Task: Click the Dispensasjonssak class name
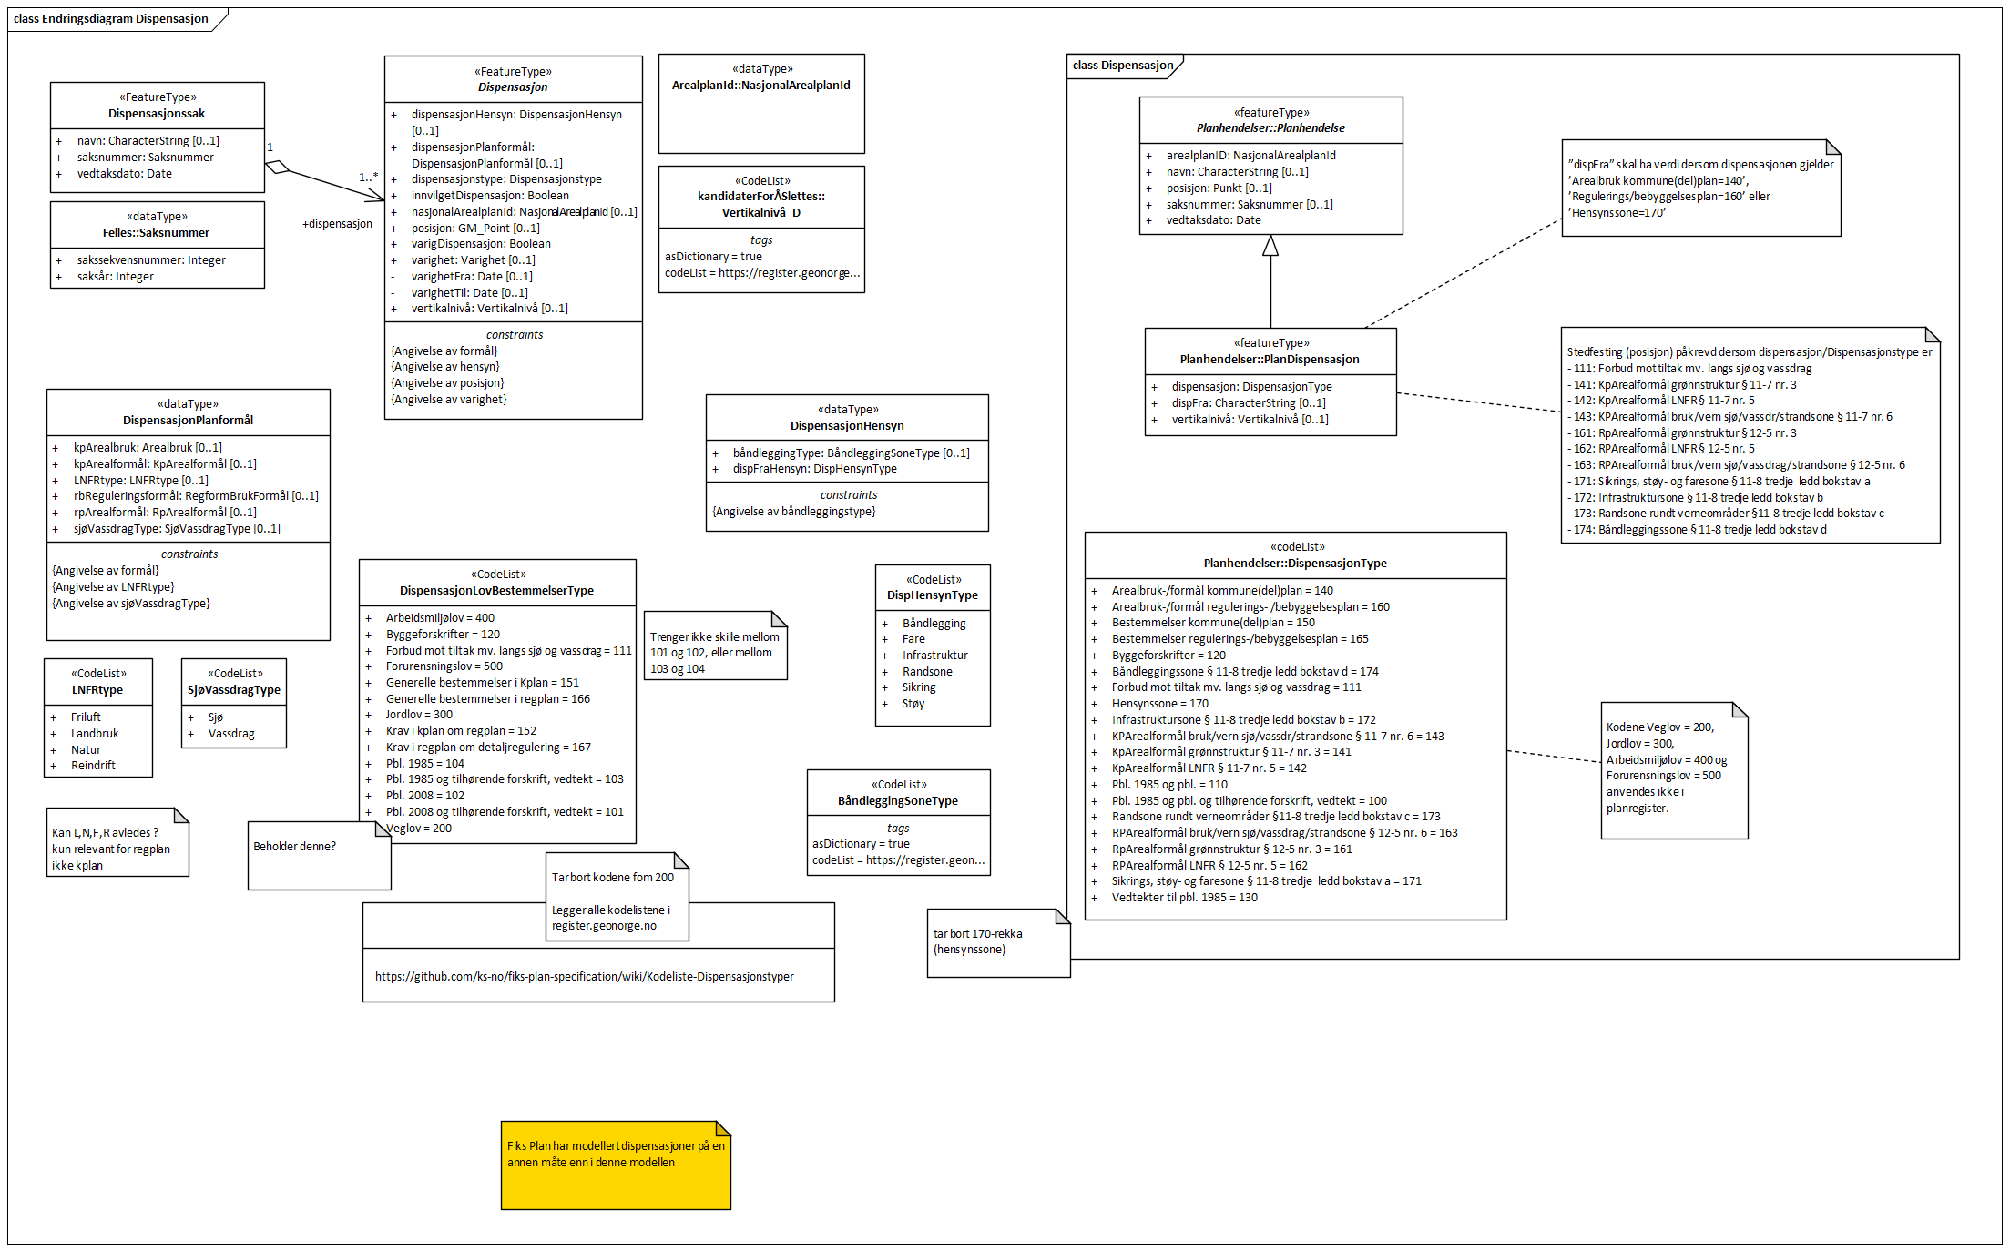[157, 114]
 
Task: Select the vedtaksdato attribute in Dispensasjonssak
[124, 174]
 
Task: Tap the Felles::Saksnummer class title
[156, 233]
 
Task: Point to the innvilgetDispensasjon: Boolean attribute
[490, 196]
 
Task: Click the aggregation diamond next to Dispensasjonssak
[277, 167]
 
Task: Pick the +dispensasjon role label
[337, 224]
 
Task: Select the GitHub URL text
[584, 977]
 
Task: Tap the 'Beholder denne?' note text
[294, 847]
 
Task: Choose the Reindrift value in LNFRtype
[93, 766]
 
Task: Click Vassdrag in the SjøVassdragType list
[231, 734]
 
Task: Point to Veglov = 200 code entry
[419, 829]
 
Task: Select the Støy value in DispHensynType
[913, 704]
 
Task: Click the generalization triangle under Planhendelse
[1270, 246]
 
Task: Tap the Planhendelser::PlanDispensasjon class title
[1270, 360]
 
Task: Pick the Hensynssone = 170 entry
[1159, 704]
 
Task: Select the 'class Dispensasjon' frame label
[1123, 66]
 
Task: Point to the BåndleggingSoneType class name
[898, 801]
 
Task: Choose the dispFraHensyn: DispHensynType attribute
[814, 469]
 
